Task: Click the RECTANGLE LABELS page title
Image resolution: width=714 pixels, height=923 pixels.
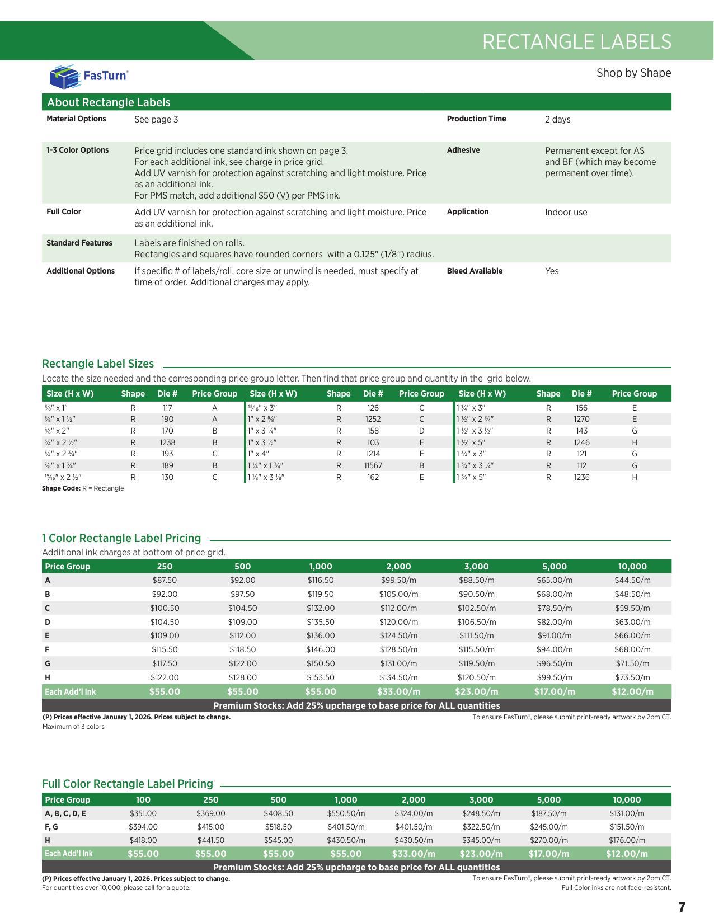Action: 576,42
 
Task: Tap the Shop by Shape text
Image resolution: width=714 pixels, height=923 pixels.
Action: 633,73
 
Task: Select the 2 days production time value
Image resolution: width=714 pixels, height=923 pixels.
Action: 557,119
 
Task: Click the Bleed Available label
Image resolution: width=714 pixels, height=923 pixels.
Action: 475,271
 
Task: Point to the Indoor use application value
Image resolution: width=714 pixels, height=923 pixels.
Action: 566,212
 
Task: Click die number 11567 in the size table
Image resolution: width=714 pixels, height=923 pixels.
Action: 373,465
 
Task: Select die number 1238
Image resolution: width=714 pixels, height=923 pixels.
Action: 167,442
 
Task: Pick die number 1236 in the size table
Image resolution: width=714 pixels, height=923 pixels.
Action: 581,477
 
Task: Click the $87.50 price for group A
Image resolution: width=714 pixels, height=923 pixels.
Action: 165,581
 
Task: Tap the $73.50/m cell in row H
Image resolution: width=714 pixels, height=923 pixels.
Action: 632,677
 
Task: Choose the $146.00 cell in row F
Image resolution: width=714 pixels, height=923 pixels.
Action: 321,649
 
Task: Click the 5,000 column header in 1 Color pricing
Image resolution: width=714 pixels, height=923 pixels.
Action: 554,567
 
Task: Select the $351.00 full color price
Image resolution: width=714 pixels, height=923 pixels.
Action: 143,813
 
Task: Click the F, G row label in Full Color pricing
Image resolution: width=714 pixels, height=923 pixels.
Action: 51,827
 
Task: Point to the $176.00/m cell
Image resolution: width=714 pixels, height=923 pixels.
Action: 627,840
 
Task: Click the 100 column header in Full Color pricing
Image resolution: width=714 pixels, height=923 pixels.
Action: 143,800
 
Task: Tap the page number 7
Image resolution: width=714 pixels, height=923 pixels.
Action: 682,907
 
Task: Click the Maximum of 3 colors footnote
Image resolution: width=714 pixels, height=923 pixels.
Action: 73,727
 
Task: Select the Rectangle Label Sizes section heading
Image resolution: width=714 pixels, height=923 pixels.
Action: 98,364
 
